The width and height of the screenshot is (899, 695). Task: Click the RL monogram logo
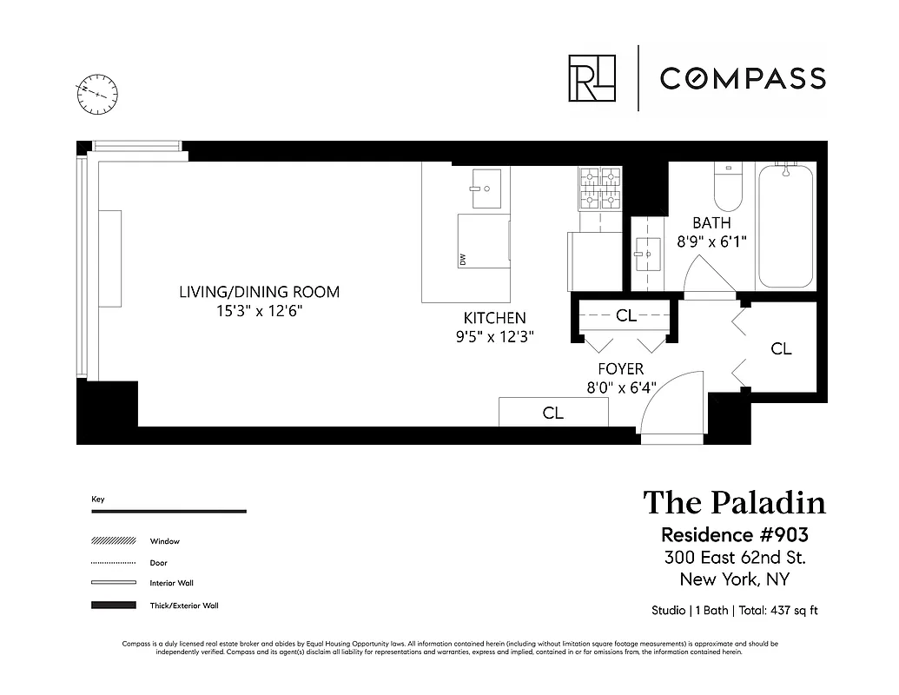[x=592, y=78]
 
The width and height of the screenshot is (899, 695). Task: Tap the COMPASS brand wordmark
[x=742, y=79]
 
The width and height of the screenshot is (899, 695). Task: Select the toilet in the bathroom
[x=727, y=188]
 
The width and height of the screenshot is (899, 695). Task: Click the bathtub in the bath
[x=785, y=226]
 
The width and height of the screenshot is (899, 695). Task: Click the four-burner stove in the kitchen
[x=600, y=188]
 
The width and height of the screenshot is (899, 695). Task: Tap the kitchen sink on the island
[x=486, y=189]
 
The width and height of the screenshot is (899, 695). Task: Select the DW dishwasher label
[x=463, y=259]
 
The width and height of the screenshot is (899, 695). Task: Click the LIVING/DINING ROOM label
[x=259, y=292]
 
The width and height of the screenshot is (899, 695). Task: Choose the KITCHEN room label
[x=494, y=318]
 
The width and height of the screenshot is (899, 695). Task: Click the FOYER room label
[x=620, y=369]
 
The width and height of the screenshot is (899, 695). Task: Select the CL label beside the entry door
[x=553, y=414]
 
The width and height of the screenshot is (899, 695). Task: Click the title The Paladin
[x=734, y=502]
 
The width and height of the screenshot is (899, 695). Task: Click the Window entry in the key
[x=164, y=541]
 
